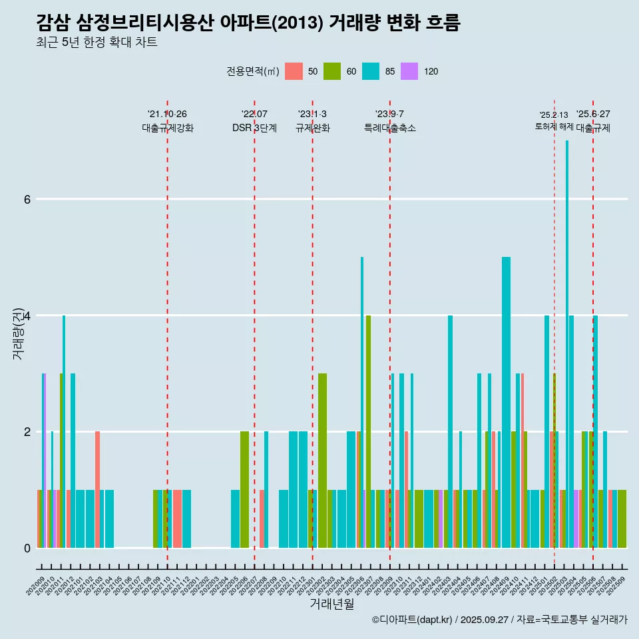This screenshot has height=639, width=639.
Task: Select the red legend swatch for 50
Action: [294, 71]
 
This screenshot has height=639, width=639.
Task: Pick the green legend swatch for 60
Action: [332, 71]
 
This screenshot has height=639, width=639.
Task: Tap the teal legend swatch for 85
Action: [371, 71]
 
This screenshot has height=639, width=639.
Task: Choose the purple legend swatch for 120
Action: [409, 71]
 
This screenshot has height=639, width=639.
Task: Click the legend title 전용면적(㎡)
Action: [253, 71]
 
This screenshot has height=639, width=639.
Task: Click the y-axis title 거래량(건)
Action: [19, 333]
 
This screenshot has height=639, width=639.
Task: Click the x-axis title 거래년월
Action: [331, 604]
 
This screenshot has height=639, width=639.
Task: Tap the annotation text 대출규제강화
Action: [168, 128]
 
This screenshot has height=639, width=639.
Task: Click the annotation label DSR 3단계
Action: [254, 128]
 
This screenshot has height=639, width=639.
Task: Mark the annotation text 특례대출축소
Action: [390, 128]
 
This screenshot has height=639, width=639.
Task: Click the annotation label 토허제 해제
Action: [554, 126]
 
